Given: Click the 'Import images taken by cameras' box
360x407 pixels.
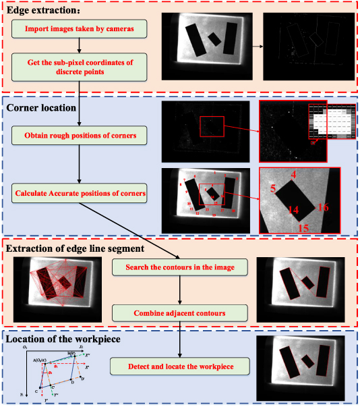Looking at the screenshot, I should point(80,29).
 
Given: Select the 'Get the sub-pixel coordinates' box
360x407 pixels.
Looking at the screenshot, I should point(80,67).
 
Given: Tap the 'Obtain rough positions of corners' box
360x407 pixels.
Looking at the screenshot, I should point(80,136).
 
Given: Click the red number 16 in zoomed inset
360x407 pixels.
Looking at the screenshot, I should point(322,207).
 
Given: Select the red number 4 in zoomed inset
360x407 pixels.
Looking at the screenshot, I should point(293,175).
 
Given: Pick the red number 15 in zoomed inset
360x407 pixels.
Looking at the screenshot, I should point(303,228).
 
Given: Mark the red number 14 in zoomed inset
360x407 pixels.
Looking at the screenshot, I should point(293,211).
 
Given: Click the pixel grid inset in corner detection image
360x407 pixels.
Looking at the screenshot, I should point(326,124).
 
